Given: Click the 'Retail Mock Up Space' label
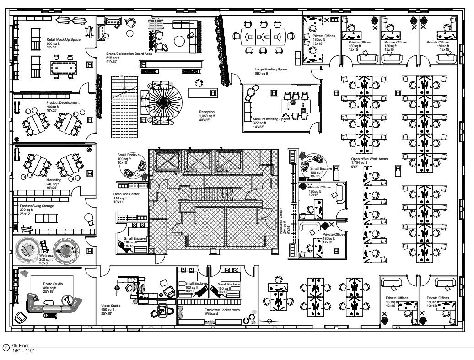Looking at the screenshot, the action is tap(63, 39).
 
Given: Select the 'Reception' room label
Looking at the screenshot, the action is tap(206, 112).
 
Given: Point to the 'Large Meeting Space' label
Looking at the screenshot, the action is tap(271, 70).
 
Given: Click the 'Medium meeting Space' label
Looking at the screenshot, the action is tap(272, 119).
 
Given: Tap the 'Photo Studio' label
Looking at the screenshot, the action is tap(53, 284).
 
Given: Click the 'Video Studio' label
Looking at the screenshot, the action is tap(111, 306).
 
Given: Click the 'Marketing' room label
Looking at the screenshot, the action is tap(54, 180).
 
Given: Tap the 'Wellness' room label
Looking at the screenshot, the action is tap(47, 255).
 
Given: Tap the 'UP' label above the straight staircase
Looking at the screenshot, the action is tap(122, 76).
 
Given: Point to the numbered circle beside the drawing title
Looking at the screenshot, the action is tap(5, 348).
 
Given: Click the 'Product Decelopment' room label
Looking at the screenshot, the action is tap(63, 102).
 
